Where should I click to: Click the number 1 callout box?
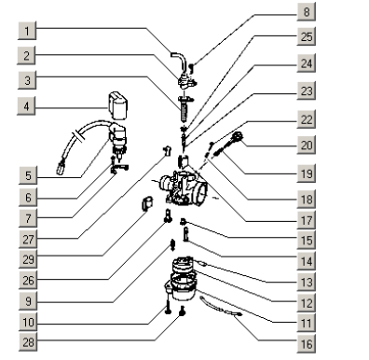point(27,31)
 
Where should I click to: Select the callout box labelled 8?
point(307,12)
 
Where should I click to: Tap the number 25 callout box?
point(307,36)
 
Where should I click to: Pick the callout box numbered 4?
point(26,106)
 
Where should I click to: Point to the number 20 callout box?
point(307,145)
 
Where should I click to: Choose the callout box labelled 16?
point(307,344)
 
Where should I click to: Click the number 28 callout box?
point(28,342)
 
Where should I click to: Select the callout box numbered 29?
point(28,259)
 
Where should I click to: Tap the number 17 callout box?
point(307,220)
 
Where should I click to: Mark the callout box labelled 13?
point(307,282)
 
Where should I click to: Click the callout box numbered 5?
point(28,175)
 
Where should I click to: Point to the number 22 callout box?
point(307,119)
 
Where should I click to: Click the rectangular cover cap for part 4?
point(117,105)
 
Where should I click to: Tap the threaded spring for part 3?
point(184,110)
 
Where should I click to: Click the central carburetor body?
point(184,189)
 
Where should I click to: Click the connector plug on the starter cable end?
point(60,170)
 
